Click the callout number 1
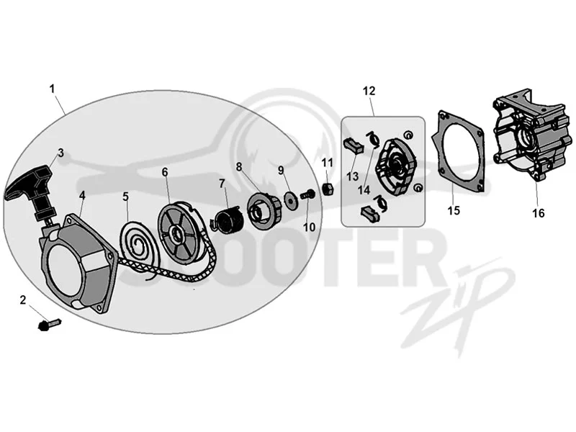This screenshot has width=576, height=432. [x=52, y=89]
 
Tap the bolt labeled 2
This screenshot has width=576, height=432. [x=49, y=325]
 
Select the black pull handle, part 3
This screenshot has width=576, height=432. [x=31, y=192]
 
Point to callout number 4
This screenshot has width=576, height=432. [x=82, y=195]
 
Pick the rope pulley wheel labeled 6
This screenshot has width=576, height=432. [x=181, y=231]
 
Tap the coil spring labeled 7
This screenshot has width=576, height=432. [x=228, y=220]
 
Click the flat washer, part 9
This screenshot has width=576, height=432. [x=291, y=201]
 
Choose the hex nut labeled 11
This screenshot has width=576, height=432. [x=328, y=189]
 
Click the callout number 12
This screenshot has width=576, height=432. [x=369, y=91]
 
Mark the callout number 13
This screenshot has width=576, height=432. [x=352, y=176]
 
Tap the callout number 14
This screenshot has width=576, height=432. [x=364, y=190]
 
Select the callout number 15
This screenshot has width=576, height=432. [x=454, y=210]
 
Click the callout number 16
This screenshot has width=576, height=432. [x=538, y=213]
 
